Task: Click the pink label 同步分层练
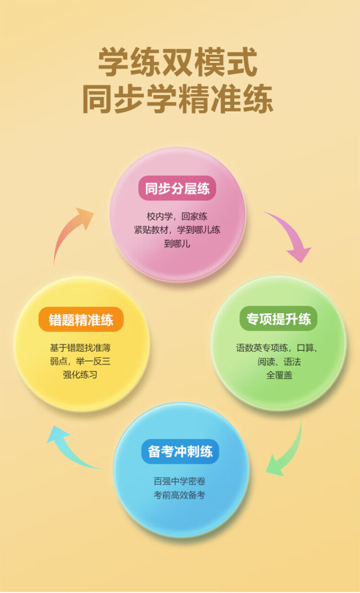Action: (x=177, y=189)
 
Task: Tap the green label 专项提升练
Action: (x=278, y=319)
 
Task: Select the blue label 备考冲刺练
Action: (x=180, y=451)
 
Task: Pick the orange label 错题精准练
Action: (x=81, y=320)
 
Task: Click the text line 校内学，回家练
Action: (x=177, y=216)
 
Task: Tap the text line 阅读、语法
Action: (x=279, y=362)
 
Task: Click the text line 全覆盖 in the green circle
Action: (x=279, y=375)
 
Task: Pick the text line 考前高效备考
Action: (x=180, y=495)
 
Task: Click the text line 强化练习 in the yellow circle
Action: (x=80, y=375)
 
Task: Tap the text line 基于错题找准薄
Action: (x=80, y=347)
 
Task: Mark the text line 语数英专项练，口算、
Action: (x=278, y=348)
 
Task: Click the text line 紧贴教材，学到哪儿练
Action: (x=177, y=230)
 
